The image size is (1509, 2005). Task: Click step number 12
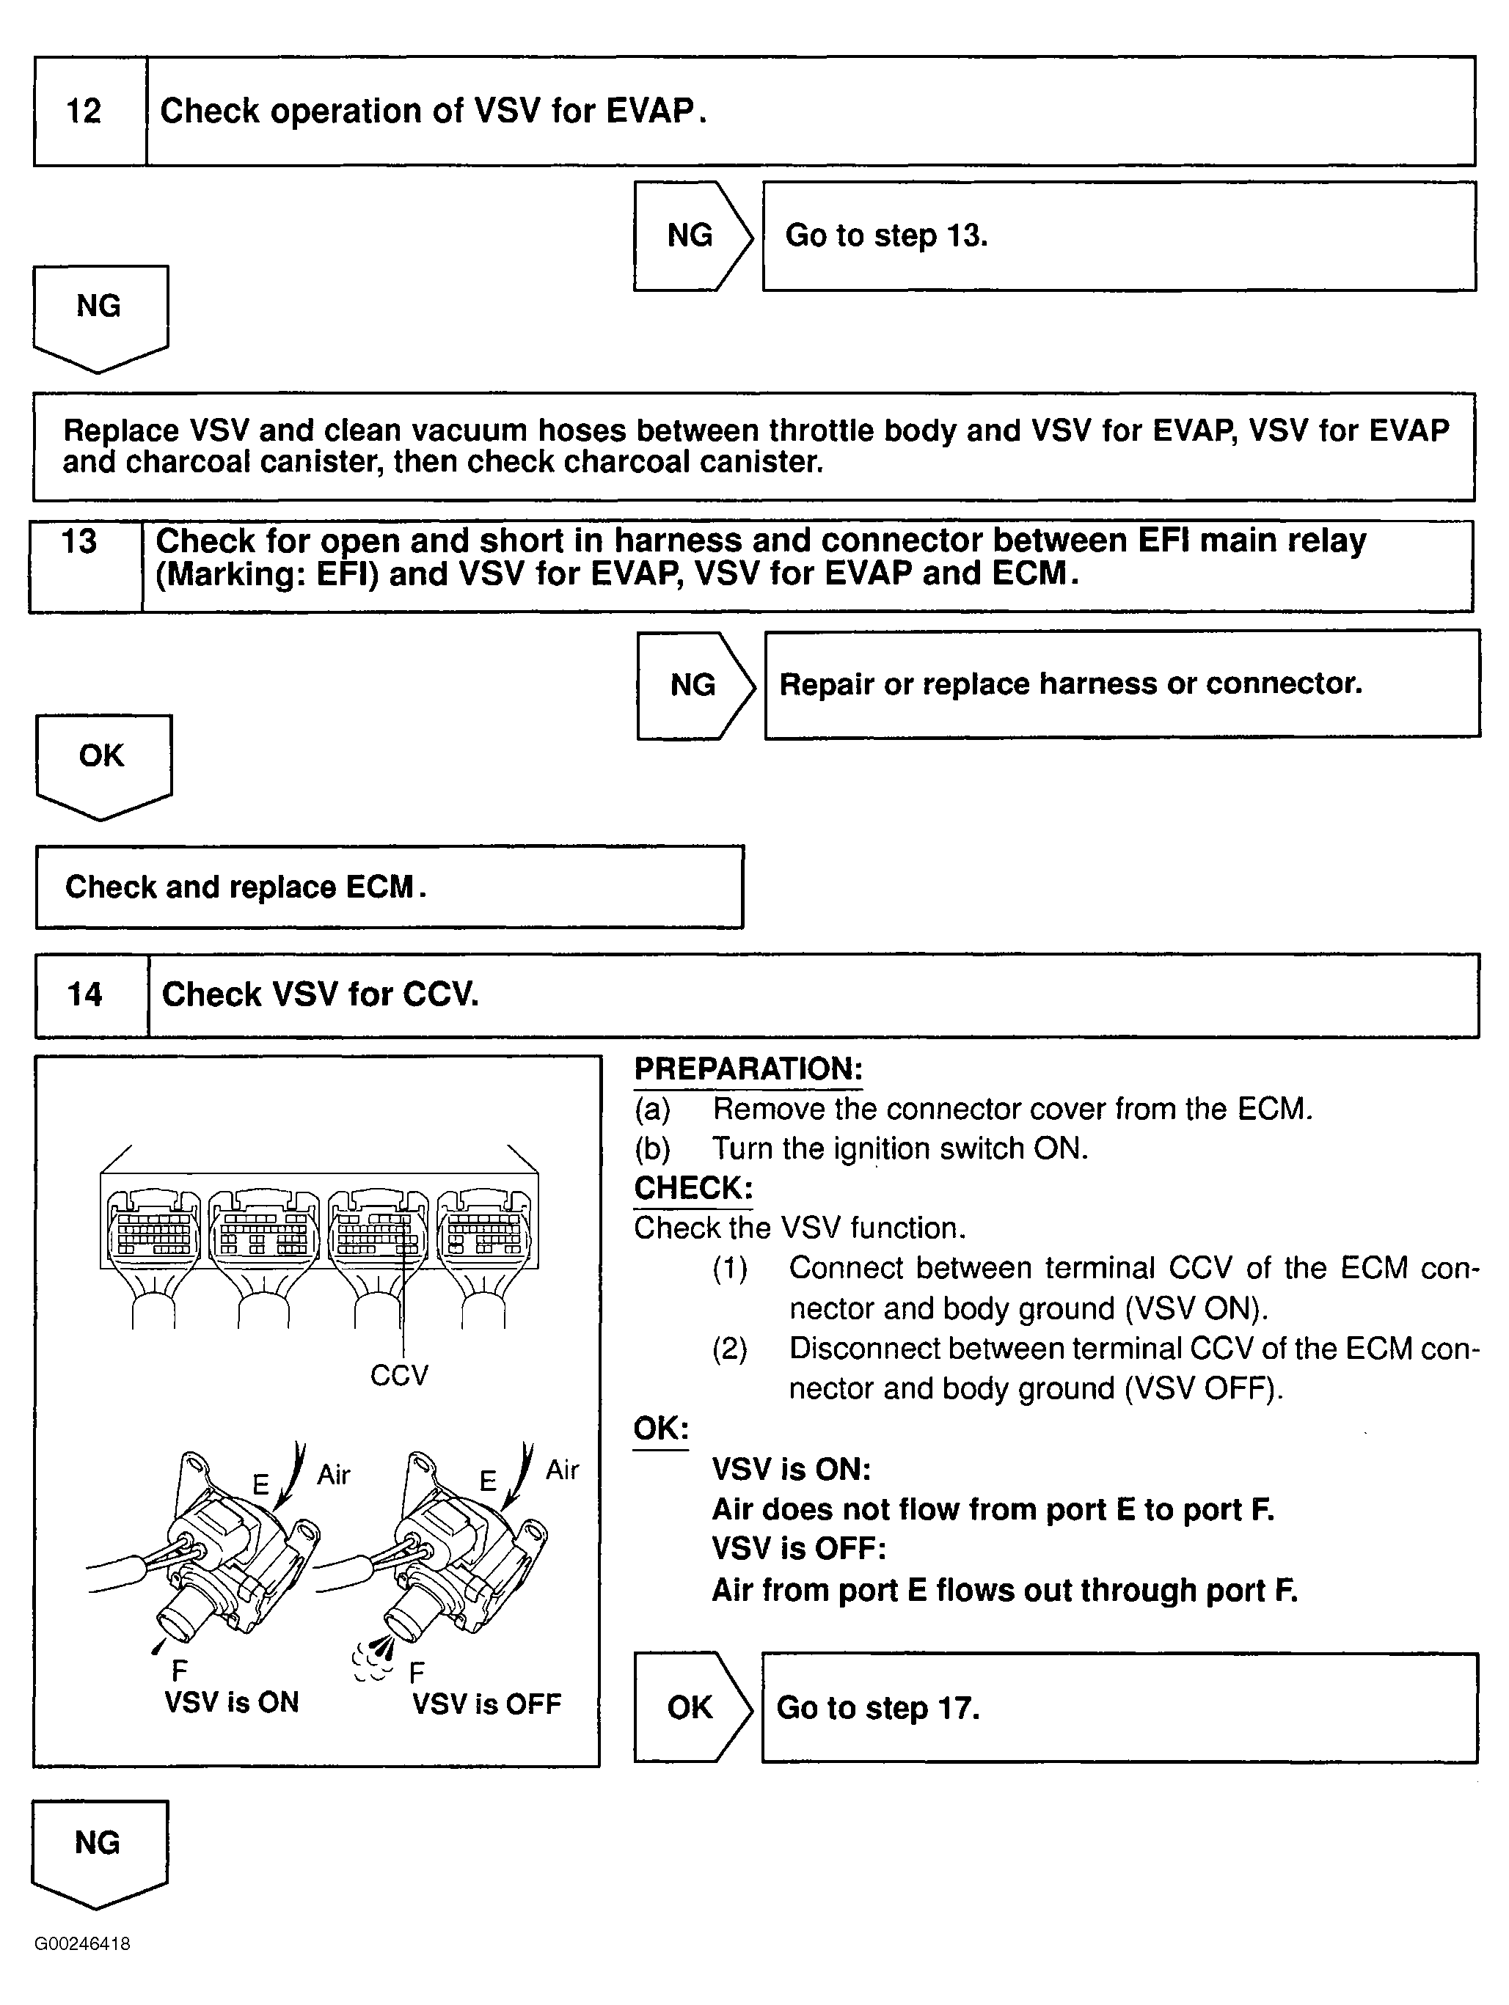tap(84, 111)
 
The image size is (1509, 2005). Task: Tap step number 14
tap(84, 994)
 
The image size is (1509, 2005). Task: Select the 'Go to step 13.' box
tap(1118, 235)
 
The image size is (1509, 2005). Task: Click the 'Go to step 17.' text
tap(878, 1708)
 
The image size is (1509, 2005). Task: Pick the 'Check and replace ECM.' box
tap(389, 887)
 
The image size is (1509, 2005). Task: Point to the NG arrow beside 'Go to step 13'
tap(693, 235)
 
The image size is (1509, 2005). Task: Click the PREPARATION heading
tap(748, 1069)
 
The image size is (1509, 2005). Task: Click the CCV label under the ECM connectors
tap(398, 1375)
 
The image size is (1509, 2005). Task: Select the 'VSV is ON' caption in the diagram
tap(231, 1702)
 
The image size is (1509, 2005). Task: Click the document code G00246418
tap(82, 1943)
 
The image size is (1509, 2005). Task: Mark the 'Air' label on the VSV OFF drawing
tap(561, 1470)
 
